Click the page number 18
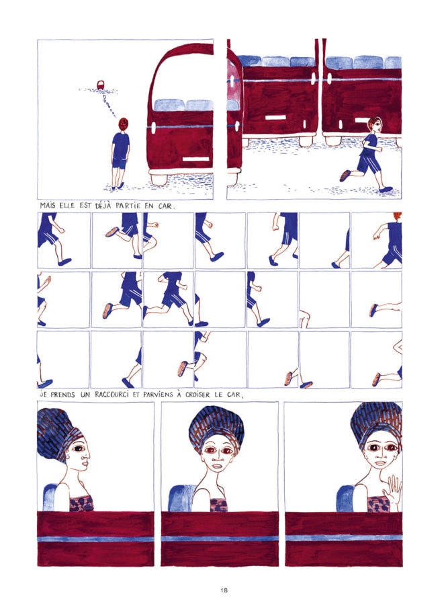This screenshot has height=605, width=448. tap(224, 590)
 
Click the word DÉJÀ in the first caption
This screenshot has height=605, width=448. tap(103, 205)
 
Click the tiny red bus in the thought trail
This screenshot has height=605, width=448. tap(101, 85)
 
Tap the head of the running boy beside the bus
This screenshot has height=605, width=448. tap(374, 124)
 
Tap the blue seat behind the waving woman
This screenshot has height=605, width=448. tap(345, 498)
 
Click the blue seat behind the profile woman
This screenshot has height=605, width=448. tap(50, 497)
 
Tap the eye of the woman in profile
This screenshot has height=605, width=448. tap(79, 449)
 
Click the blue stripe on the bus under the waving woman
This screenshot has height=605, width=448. tap(343, 537)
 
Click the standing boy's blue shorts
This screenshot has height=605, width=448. tap(120, 162)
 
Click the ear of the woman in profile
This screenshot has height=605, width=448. tap(69, 458)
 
